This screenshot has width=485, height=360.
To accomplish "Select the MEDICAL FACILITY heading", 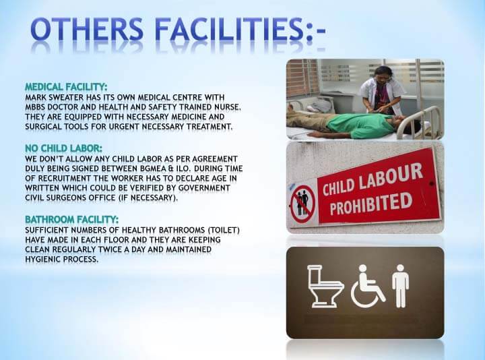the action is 66,87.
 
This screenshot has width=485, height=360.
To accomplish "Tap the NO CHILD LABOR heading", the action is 63,148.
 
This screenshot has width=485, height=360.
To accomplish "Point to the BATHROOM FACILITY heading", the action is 72,220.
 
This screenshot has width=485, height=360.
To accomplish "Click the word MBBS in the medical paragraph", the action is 36,107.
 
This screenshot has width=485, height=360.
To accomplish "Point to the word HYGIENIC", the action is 42,259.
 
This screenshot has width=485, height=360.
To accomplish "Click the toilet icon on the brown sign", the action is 325,286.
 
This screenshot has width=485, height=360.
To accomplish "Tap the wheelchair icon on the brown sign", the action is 368,286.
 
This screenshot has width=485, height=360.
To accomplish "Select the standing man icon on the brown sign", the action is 401,286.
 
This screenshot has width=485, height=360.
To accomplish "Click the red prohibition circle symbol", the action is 303,204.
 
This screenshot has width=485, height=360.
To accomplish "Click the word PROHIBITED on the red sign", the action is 371,204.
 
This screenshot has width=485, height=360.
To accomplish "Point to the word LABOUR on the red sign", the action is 391,177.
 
